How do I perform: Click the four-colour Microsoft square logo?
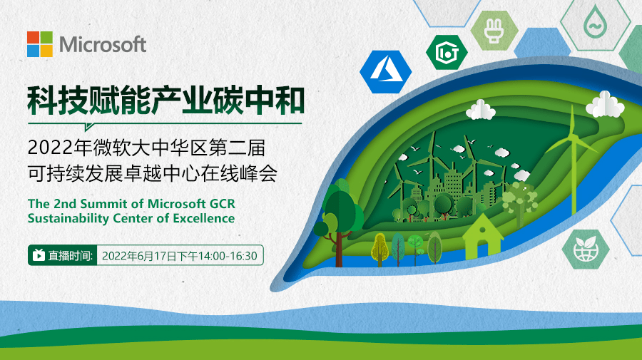(x=40, y=44)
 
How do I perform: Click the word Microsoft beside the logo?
(x=103, y=44)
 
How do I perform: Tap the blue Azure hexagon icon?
(x=386, y=72)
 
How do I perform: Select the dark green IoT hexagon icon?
(x=447, y=52)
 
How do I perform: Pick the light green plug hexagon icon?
(x=494, y=31)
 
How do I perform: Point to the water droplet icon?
(x=595, y=23)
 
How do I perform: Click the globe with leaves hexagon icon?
(x=586, y=249)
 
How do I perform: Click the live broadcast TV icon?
(x=39, y=255)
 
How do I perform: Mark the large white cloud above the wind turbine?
(x=605, y=105)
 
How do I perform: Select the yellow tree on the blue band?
(x=380, y=249)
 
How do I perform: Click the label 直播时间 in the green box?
(x=70, y=256)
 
